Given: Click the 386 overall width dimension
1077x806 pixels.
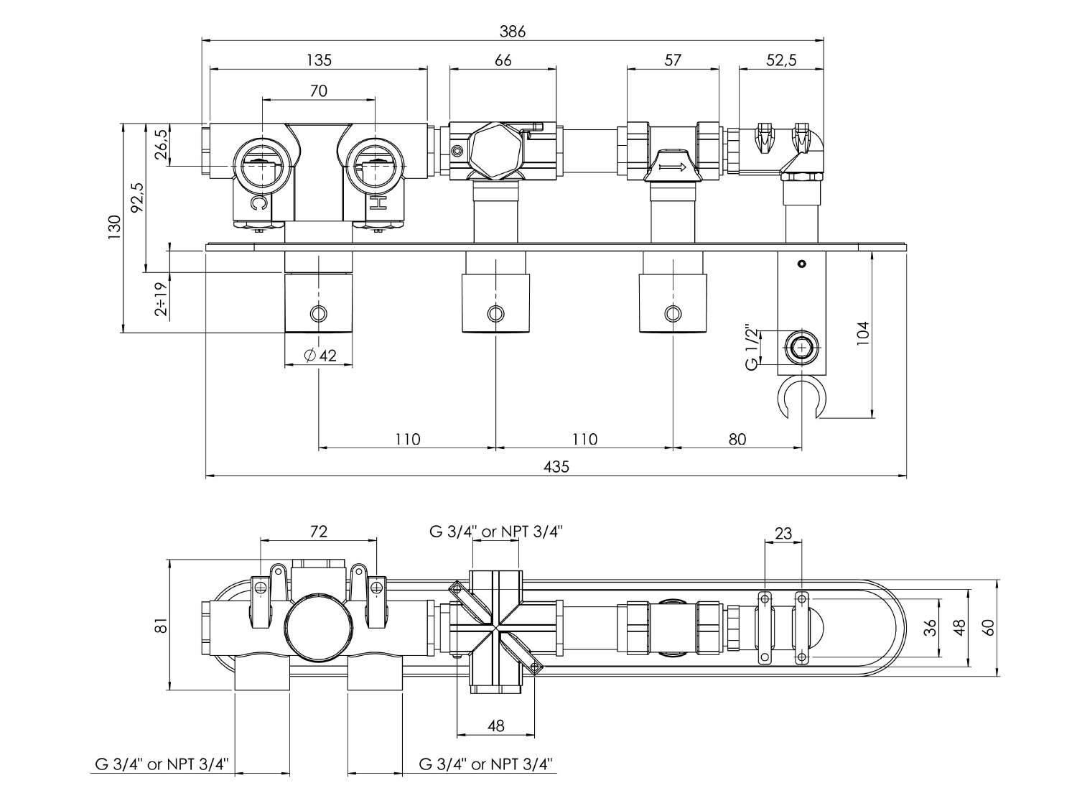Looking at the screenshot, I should coord(512,31).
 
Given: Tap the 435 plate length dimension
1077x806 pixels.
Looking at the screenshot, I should coord(556,466).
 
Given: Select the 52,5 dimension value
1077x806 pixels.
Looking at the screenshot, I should coord(781,60).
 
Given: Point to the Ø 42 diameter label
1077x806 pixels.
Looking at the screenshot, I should coord(320,356).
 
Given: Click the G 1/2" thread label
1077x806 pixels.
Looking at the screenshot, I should coord(752,348).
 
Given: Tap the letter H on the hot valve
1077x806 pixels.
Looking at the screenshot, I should coord(378,205).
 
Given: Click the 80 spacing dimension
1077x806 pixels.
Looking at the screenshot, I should coord(737,438).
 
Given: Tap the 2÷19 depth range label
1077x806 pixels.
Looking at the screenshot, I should coord(162,298).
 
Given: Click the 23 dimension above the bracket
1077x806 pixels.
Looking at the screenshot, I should coord(783,533).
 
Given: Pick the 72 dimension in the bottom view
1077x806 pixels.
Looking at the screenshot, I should coord(319,531).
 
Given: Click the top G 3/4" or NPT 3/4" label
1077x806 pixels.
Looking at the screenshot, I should coord(495,532).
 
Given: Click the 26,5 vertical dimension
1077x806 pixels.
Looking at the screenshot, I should coord(162,144).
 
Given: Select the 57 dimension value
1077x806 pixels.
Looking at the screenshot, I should coord(672,60).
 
